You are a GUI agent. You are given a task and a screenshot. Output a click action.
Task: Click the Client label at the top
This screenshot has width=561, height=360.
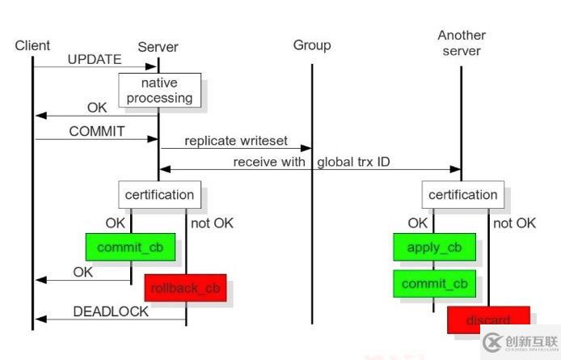click(x=32, y=45)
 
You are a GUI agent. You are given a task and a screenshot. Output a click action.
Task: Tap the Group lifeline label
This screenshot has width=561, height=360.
click(x=311, y=45)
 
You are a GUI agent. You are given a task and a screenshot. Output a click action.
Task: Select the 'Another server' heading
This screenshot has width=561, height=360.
click(x=461, y=43)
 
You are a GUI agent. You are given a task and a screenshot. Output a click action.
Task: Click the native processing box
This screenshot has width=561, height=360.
click(x=158, y=91)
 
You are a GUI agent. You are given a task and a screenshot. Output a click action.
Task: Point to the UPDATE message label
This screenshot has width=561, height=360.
click(x=95, y=59)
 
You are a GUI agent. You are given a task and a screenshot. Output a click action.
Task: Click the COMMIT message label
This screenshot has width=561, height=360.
click(x=97, y=130)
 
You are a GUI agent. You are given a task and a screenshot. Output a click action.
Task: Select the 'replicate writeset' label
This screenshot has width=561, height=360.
click(x=235, y=141)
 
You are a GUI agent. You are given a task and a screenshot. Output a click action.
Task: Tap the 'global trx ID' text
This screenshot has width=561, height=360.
click(x=353, y=162)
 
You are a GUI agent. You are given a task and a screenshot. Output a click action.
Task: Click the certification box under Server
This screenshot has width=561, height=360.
click(x=158, y=194)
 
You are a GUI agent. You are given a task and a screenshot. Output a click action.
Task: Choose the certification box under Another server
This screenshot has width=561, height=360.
click(x=462, y=194)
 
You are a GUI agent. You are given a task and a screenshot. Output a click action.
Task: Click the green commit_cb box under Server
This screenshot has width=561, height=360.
click(x=130, y=247)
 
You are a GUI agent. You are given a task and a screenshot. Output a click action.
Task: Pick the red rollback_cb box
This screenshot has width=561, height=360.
click(x=184, y=287)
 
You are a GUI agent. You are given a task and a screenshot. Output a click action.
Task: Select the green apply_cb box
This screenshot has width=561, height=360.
click(x=434, y=248)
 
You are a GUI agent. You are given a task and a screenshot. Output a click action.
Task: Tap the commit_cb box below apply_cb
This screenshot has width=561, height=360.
click(x=434, y=283)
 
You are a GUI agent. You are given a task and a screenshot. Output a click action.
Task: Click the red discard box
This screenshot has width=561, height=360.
click(x=487, y=320)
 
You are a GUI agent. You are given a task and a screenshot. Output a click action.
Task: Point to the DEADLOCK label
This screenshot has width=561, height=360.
click(x=111, y=311)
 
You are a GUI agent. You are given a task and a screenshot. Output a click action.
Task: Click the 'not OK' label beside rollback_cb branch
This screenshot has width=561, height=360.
click(x=212, y=223)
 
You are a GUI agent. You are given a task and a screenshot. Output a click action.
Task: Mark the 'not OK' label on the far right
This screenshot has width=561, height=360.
click(x=514, y=223)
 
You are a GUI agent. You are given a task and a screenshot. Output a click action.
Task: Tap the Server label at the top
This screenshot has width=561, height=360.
click(x=158, y=47)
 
